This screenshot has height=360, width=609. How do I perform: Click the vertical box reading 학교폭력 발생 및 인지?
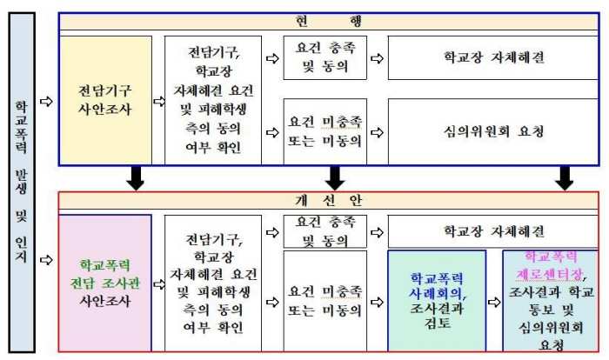(x=22, y=183)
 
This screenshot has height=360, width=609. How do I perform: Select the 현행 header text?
(x=329, y=21)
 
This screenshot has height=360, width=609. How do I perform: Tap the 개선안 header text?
(x=329, y=200)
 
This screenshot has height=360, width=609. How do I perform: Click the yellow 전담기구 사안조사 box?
(x=105, y=101)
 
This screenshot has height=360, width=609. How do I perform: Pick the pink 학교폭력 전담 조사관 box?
(x=105, y=283)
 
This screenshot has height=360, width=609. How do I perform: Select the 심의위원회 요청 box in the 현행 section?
(x=493, y=132)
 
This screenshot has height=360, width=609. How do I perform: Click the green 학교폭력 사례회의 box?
(x=437, y=301)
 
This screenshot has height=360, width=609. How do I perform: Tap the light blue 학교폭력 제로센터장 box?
(x=551, y=301)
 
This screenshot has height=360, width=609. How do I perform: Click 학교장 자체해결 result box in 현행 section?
(x=493, y=58)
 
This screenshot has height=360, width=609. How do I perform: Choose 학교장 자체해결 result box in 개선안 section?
(x=493, y=231)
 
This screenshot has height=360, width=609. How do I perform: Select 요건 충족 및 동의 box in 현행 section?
(x=325, y=58)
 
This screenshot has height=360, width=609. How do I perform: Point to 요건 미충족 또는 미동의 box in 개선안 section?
(x=325, y=301)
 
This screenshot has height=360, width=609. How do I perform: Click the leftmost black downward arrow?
(x=136, y=178)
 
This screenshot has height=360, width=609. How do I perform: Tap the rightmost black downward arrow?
(x=565, y=178)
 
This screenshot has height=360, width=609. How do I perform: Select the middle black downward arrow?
(x=335, y=178)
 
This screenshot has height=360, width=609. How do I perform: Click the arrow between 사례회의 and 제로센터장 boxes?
(x=494, y=302)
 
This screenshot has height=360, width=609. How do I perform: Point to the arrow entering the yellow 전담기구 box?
(x=46, y=102)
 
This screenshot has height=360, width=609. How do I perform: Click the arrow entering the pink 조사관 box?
(x=46, y=260)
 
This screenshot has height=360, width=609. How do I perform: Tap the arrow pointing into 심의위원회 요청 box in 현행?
(x=377, y=132)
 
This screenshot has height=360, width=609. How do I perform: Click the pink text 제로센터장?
(x=549, y=275)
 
